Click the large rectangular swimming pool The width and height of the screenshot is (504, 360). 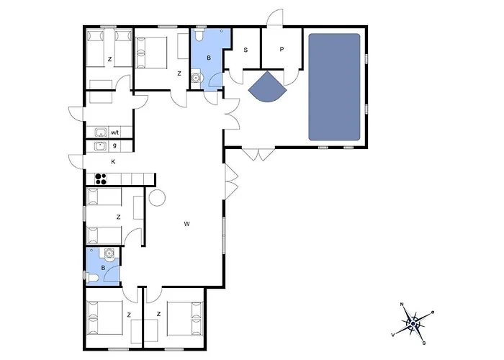tap(334, 87)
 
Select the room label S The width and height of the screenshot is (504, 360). tap(246, 50)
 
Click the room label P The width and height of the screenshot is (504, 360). tap(282, 50)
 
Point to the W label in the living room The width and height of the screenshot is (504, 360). tap(186, 224)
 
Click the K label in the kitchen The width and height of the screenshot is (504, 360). tap(113, 162)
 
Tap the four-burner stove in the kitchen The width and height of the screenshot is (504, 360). tap(101, 179)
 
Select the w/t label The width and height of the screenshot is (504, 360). tap(115, 132)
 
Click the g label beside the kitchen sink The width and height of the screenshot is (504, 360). tap(114, 145)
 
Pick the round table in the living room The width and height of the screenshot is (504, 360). tap(157, 198)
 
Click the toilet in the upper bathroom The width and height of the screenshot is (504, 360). tap(199, 35)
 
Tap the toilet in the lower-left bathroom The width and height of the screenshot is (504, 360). tap(92, 277)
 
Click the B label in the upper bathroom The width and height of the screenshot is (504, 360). tap(209, 58)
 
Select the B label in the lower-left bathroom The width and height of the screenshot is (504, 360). tap(103, 268)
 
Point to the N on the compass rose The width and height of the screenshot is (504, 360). tap(402, 304)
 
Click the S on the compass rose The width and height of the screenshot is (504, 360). tap(424, 343)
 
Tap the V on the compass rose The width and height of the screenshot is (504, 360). tap(393, 335)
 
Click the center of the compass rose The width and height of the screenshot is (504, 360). tap(413, 323)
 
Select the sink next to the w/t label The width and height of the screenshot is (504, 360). tap(101, 132)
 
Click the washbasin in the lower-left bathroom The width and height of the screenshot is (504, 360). tap(109, 253)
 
